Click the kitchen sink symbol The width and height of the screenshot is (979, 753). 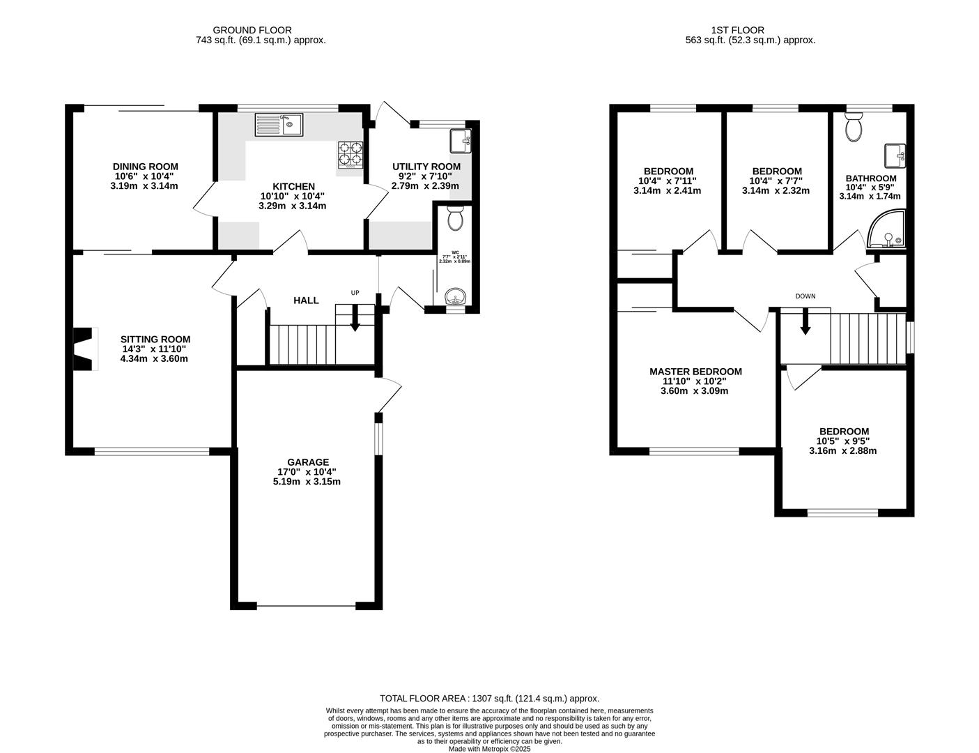tap(278, 124)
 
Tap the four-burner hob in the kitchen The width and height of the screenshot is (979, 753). tap(350, 155)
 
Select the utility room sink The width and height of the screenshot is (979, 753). tap(461, 141)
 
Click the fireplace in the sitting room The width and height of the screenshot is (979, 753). tap(84, 349)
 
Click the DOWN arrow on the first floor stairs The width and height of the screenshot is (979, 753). tap(805, 322)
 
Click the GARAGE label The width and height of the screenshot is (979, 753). tap(307, 462)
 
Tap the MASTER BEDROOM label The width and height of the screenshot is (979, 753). tap(695, 372)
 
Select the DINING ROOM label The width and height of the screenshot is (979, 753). tap(145, 167)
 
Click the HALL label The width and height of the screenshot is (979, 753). tap(306, 301)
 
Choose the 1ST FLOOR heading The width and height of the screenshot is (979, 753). tap(737, 30)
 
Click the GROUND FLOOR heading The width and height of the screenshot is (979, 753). tap(252, 30)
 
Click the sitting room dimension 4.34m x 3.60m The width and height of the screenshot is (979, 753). tap(154, 359)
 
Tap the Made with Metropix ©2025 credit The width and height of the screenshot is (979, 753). tap(489, 749)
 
